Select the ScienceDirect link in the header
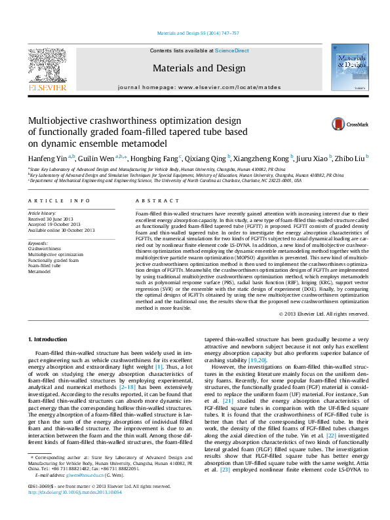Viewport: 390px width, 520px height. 232,50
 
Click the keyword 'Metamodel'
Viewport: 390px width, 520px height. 42,270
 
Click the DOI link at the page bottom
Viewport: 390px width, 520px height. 74,510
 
